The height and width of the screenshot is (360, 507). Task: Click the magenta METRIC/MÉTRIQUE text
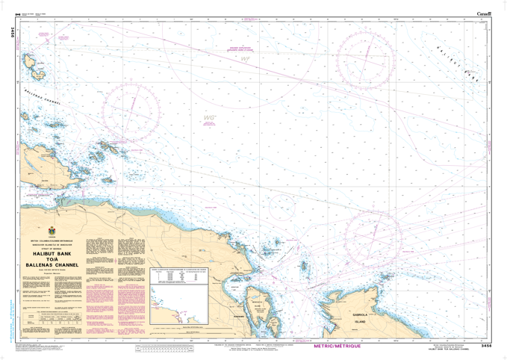[338, 347]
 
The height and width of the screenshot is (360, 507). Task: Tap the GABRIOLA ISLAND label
[364, 318]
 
